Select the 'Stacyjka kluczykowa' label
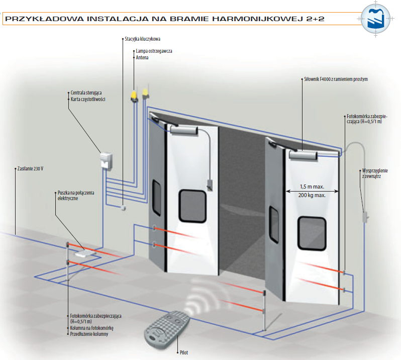(146, 39)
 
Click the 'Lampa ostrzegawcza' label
(154, 51)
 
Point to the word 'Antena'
(143, 58)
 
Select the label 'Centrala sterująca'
(90, 93)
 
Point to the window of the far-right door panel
(312, 231)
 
